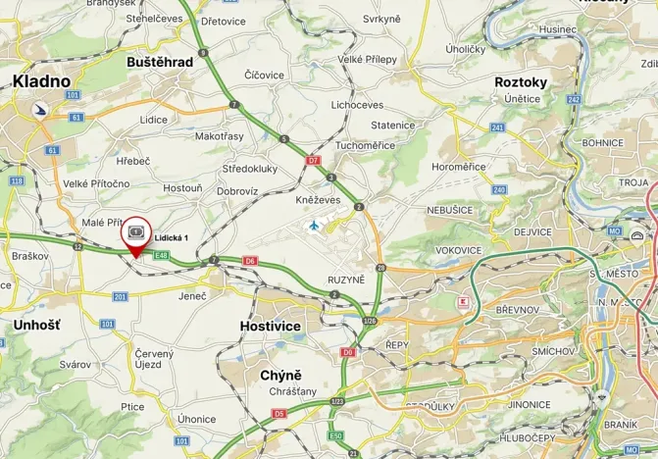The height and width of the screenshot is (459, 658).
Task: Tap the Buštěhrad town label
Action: click(x=160, y=61)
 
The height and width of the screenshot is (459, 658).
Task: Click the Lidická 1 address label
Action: click(x=172, y=237)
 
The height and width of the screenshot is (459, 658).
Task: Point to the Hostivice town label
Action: click(x=271, y=326)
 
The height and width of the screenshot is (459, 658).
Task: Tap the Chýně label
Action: click(x=280, y=375)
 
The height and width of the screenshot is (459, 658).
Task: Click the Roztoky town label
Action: click(x=521, y=82)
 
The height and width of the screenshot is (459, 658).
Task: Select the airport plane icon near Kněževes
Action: click(x=314, y=226)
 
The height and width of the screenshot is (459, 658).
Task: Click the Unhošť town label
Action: click(x=37, y=325)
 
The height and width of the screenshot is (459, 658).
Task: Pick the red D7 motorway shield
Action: click(x=314, y=159)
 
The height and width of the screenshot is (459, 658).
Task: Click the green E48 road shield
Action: click(x=162, y=256)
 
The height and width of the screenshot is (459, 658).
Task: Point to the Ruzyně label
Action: click(x=346, y=280)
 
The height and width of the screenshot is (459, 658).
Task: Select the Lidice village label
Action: click(x=153, y=119)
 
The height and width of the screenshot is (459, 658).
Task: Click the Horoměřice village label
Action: click(x=459, y=167)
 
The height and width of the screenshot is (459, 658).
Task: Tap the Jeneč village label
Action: click(x=192, y=294)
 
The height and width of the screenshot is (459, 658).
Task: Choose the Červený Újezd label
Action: click(x=154, y=359)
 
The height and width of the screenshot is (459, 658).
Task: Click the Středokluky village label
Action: click(x=249, y=168)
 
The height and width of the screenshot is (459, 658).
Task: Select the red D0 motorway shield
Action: click(x=347, y=351)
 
